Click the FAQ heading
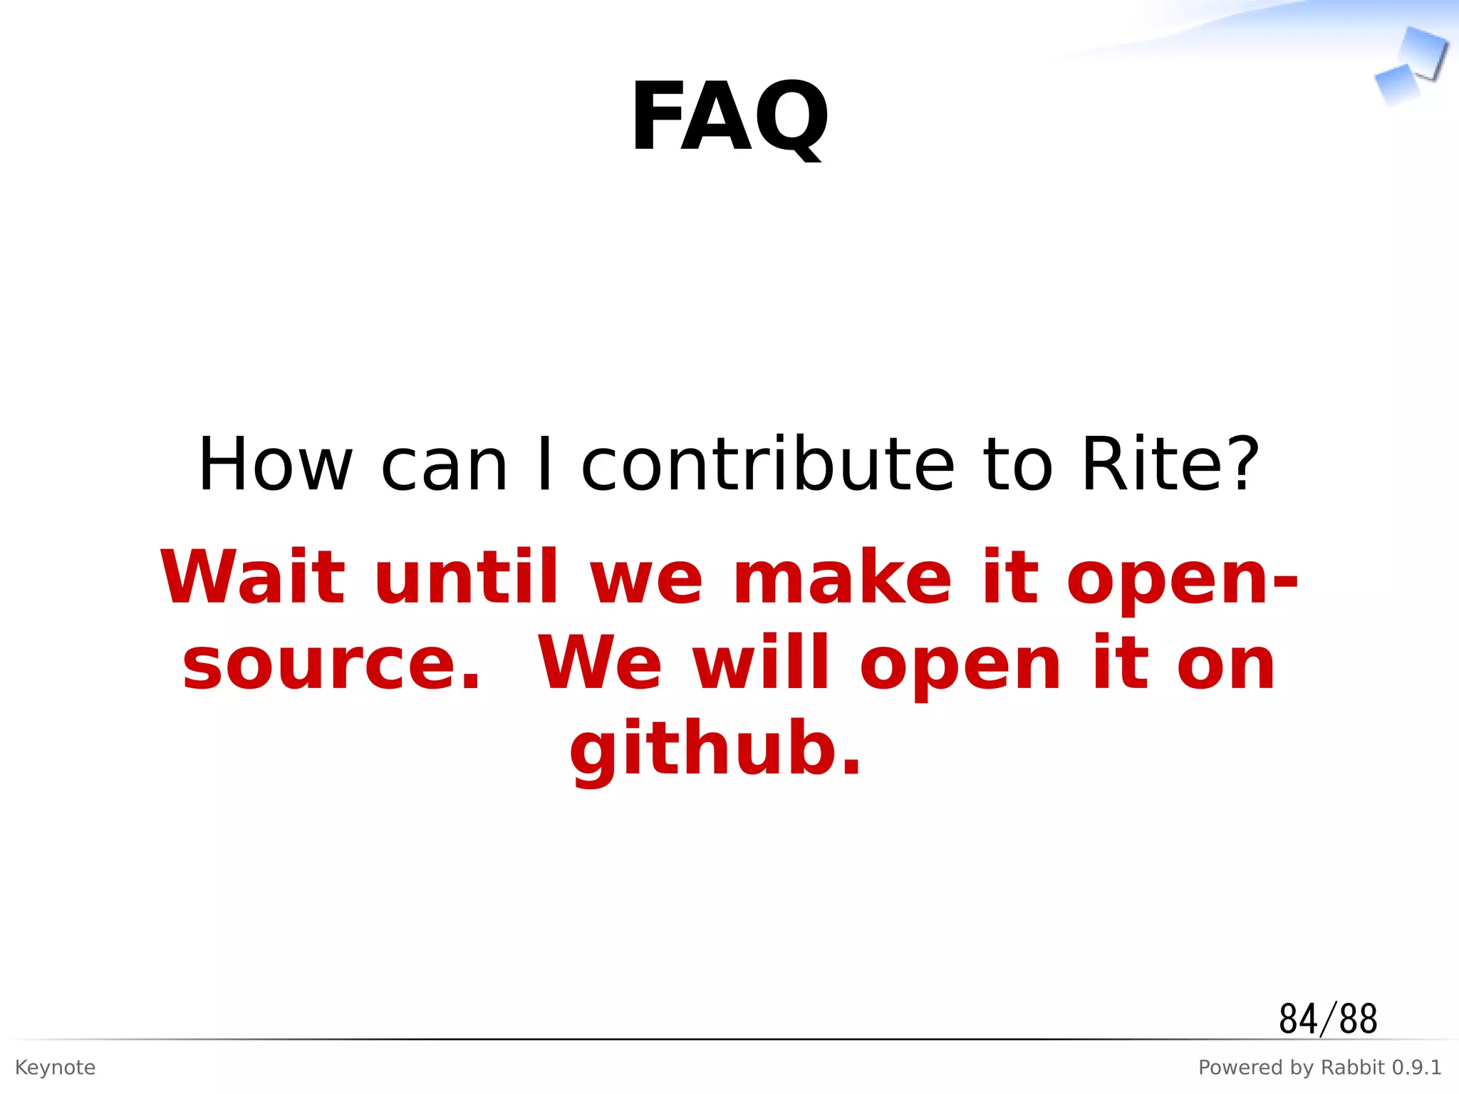tap(729, 118)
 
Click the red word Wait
tap(253, 577)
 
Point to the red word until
tap(467, 577)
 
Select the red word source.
tap(331, 664)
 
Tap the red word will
tap(762, 664)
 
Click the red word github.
tap(715, 750)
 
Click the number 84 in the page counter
tap(1298, 1019)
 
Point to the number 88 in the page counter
tap(1358, 1019)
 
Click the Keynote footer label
tap(56, 1068)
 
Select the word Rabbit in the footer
tap(1353, 1068)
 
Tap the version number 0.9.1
tap(1417, 1068)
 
